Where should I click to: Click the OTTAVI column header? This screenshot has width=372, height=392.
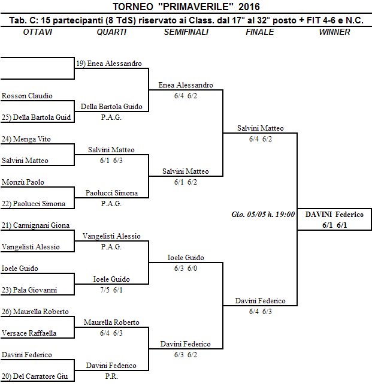pyautogui.click(x=38, y=32)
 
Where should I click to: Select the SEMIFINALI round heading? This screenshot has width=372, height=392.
pyautogui.click(x=186, y=32)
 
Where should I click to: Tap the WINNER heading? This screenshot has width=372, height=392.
pyautogui.click(x=334, y=32)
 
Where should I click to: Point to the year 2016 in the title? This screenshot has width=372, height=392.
pyautogui.click(x=249, y=7)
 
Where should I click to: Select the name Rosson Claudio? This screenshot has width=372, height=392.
pyautogui.click(x=27, y=96)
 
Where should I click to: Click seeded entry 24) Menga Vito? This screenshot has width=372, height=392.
pyautogui.click(x=26, y=139)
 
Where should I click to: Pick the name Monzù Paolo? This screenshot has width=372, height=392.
pyautogui.click(x=23, y=182)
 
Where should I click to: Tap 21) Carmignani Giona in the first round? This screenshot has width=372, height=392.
pyautogui.click(x=35, y=225)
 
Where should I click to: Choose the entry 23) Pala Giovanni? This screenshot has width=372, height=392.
pyautogui.click(x=29, y=290)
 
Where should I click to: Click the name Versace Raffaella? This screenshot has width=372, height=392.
pyautogui.click(x=29, y=333)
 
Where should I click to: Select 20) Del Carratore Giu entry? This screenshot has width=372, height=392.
pyautogui.click(x=35, y=376)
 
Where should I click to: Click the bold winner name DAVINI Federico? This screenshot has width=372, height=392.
pyautogui.click(x=334, y=215)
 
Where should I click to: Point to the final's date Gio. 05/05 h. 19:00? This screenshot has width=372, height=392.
pyautogui.click(x=263, y=215)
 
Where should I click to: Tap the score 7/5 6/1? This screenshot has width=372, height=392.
pyautogui.click(x=111, y=290)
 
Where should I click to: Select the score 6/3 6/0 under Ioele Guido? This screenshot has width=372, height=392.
pyautogui.click(x=186, y=269)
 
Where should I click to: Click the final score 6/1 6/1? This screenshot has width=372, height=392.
pyautogui.click(x=334, y=225)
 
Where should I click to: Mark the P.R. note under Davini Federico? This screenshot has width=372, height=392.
pyautogui.click(x=111, y=376)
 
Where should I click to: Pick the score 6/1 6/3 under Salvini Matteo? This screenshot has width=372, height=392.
pyautogui.click(x=111, y=161)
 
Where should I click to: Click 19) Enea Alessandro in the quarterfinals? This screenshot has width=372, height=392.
pyautogui.click(x=109, y=64)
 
